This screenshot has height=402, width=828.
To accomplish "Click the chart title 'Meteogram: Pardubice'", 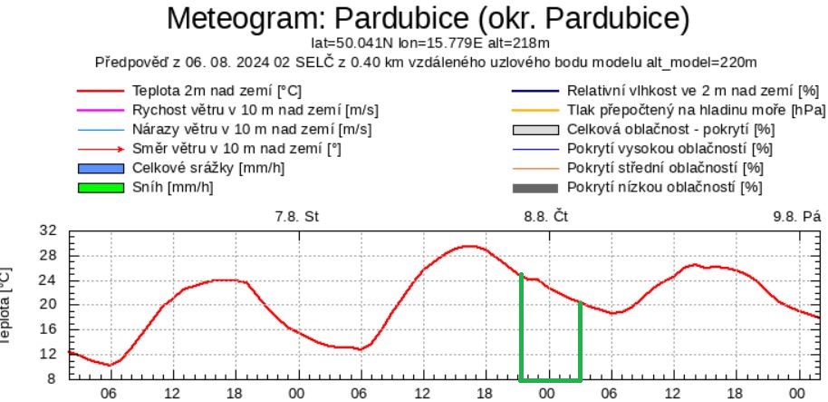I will tap(428, 17).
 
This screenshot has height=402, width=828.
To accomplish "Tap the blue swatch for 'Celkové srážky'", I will tap(100, 168).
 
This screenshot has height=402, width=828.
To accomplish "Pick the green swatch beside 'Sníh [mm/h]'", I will tap(100, 187).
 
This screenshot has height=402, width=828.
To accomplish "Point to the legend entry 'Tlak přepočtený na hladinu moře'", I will tap(696, 111).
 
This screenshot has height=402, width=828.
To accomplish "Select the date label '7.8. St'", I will tap(297, 218).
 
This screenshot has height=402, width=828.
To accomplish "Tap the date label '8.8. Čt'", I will tap(546, 218).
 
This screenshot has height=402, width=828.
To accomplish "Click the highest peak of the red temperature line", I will tap(467, 246).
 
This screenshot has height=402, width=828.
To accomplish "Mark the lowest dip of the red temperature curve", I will tap(110, 365).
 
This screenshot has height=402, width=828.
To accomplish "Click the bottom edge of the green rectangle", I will tap(550, 379).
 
